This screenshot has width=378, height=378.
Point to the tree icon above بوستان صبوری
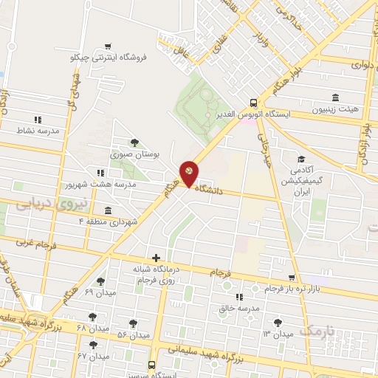[134, 143]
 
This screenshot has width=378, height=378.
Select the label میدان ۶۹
[99, 293]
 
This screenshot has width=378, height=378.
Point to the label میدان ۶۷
[99, 356]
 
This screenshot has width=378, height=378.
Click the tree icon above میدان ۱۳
[278, 323]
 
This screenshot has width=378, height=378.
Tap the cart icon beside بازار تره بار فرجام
[292, 278]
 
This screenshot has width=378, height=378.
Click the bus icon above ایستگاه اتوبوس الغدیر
[254, 103]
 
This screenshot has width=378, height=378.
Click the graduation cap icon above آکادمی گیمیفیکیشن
[300, 159]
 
